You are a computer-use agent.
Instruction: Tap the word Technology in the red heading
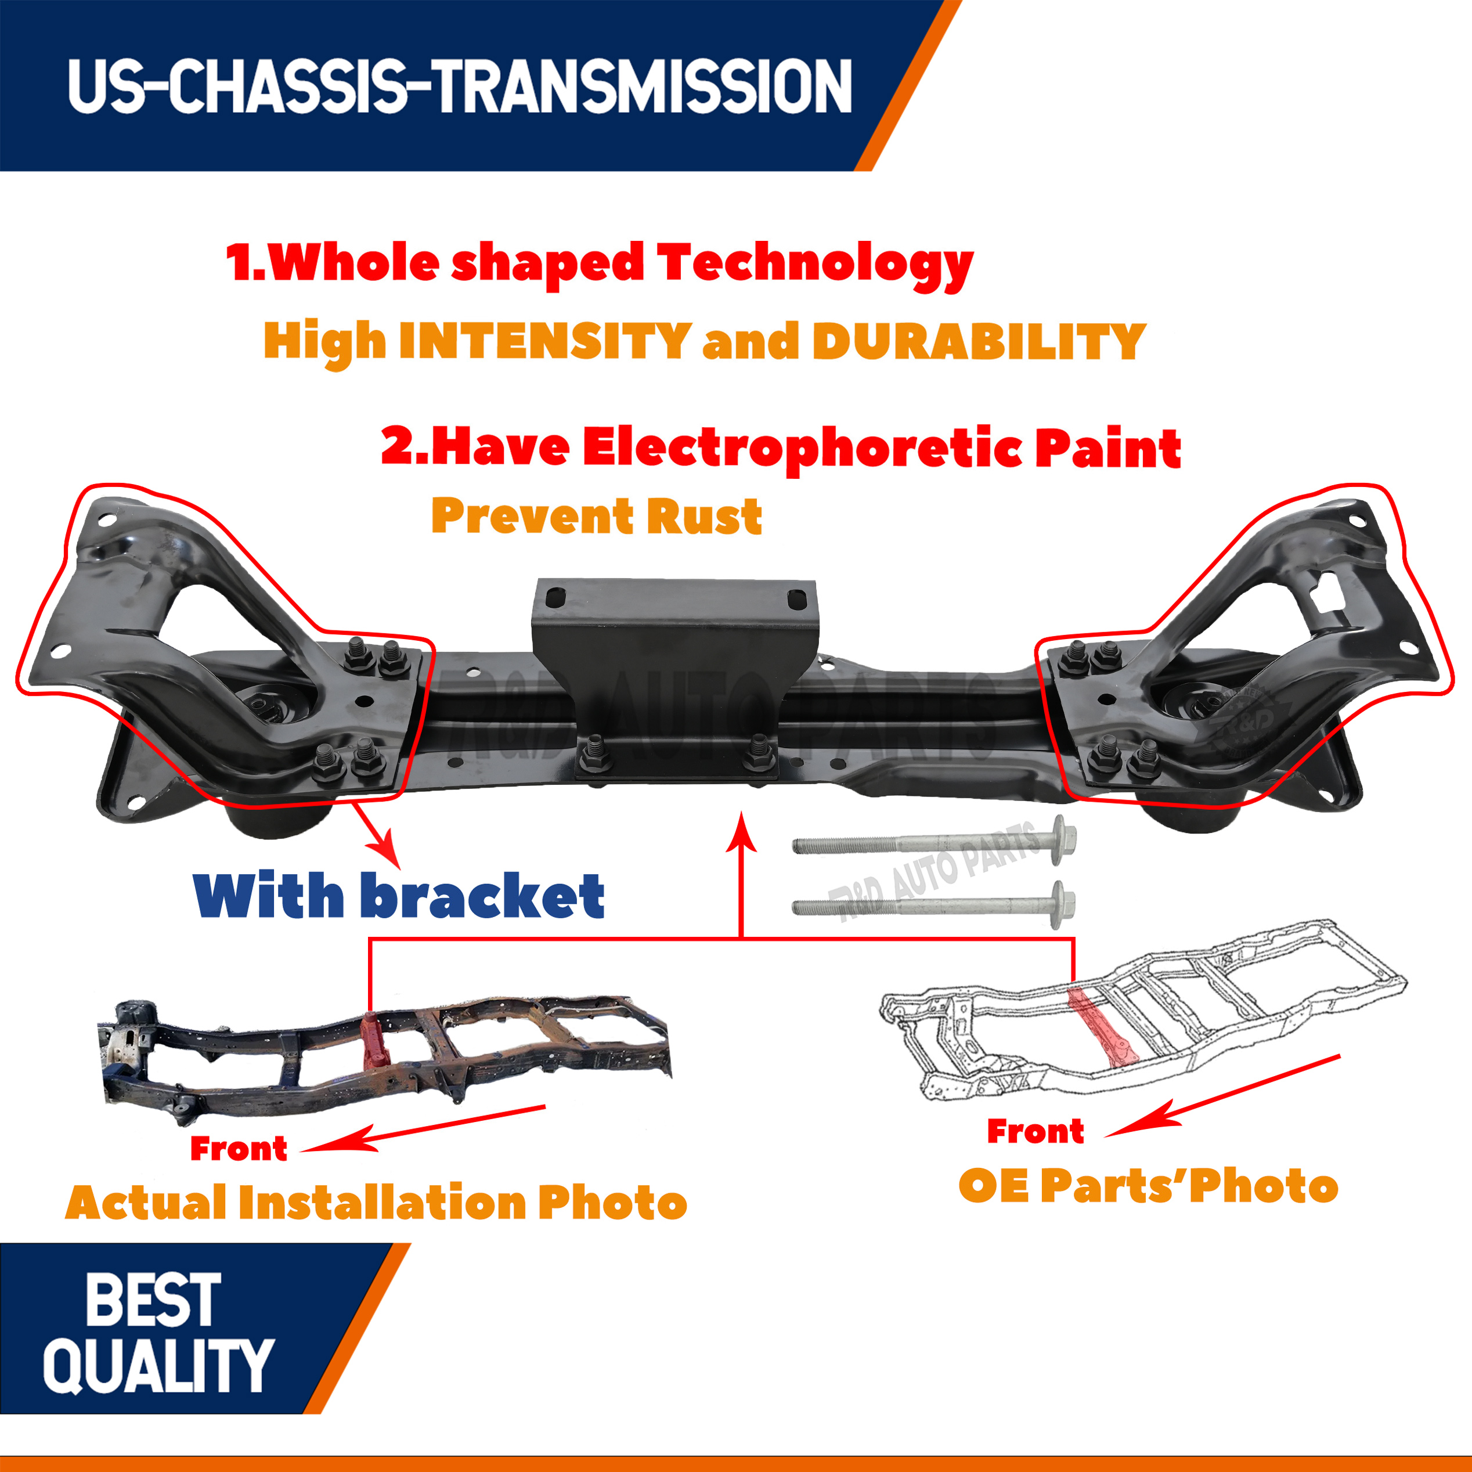tap(816, 264)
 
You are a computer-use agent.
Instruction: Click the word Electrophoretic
tap(802, 449)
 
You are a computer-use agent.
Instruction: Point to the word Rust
tap(704, 517)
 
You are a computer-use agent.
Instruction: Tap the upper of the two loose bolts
tap(934, 840)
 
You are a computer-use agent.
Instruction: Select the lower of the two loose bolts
tap(934, 906)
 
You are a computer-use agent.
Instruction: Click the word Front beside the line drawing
tap(1036, 1131)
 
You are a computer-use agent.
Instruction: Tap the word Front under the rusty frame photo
tap(239, 1148)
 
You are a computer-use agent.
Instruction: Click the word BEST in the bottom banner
tap(153, 1300)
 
